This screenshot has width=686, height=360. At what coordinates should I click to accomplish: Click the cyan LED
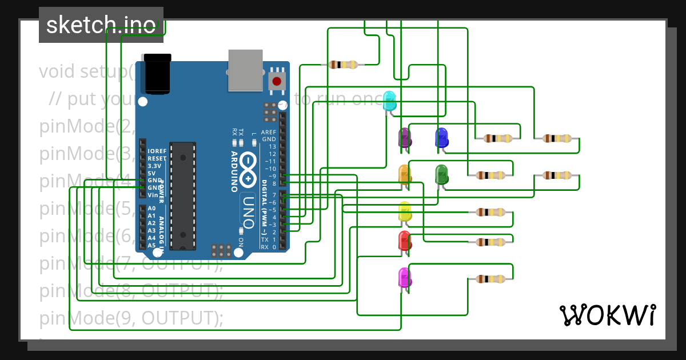pos(389,101)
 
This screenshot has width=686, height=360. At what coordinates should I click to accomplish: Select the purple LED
pos(405,138)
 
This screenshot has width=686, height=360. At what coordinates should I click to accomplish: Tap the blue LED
pos(441,138)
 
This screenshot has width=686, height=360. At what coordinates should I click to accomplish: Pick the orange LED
pos(404,174)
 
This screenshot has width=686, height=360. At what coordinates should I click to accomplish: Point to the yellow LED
pos(405,211)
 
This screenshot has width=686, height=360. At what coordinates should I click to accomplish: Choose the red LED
pos(405,241)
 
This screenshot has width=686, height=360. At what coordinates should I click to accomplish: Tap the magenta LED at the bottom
pos(405,278)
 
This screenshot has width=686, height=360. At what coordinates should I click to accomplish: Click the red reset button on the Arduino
pos(277,81)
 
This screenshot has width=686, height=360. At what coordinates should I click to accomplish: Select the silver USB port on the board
pos(245,70)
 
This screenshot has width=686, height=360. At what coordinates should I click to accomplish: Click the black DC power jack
pos(157,73)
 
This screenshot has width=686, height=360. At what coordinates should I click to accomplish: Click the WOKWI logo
pos(607,315)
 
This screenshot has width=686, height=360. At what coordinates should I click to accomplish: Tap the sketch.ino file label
pos(101,25)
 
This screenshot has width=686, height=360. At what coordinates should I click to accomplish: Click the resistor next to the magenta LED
pos(490,279)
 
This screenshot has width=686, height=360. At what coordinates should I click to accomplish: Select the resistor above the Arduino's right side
pos(343,65)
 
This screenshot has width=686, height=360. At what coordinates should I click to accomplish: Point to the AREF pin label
pos(269,132)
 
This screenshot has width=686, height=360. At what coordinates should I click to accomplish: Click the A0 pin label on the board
pos(151,209)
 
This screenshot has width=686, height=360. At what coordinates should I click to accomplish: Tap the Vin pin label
pos(153,195)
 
